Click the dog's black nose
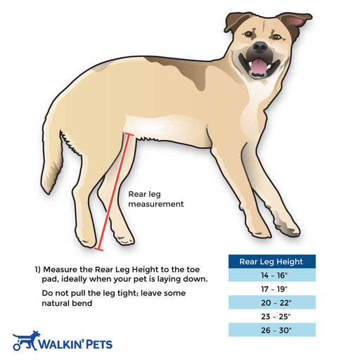click(x=259, y=47)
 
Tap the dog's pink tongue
click(x=259, y=66)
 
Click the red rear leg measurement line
click(x=113, y=192)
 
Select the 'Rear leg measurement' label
click(x=156, y=199)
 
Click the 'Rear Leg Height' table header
click(x=272, y=262)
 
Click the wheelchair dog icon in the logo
click(x=26, y=341)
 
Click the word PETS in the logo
click(x=99, y=345)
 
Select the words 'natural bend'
click(x=67, y=303)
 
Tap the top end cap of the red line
click(x=129, y=134)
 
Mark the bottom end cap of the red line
click(x=98, y=250)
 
